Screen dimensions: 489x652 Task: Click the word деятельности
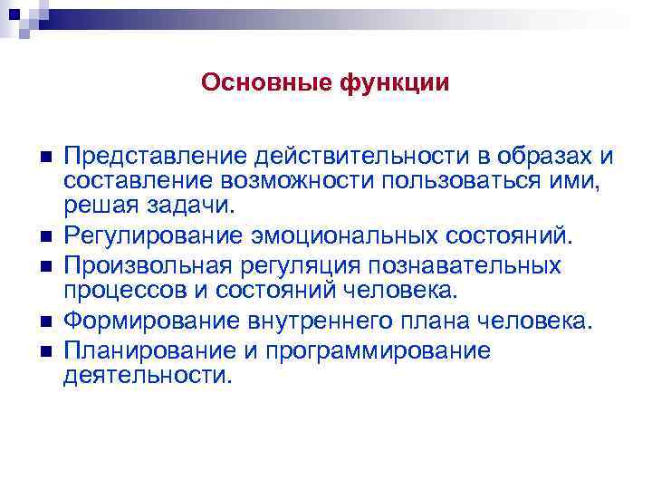[147, 375]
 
